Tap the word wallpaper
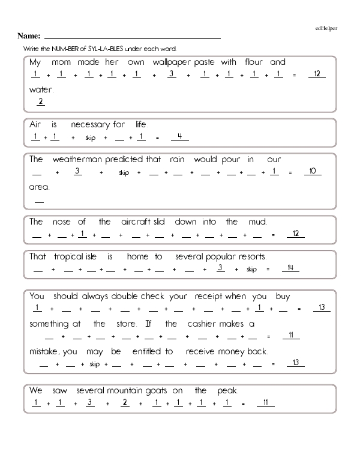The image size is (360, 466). pos(172,62)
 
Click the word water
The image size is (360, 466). pos(41,89)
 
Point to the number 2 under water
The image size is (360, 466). pos(40,101)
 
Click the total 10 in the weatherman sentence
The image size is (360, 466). pos(312,172)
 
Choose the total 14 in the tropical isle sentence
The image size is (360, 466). pos(290,268)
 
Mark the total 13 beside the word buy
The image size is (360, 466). pos(322,309)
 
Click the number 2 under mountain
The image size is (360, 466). pos(125,402)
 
